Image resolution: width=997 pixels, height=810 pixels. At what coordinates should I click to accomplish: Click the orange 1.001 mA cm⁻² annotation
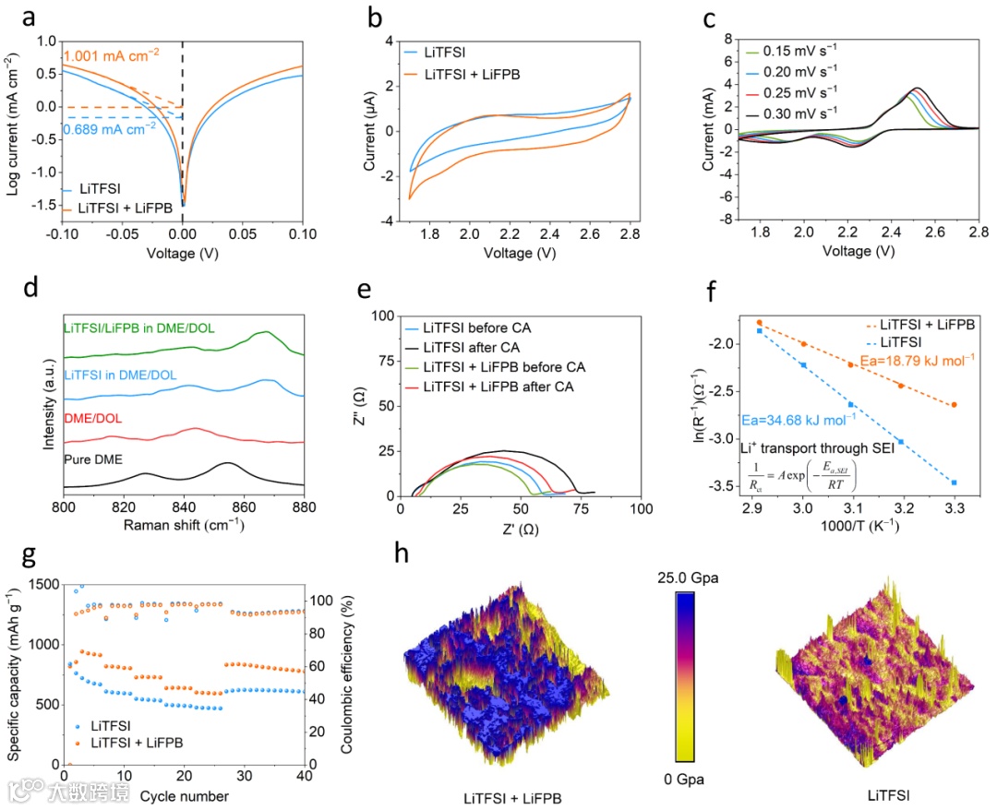111,54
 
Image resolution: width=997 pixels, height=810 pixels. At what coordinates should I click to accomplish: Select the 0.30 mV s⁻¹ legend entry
799,112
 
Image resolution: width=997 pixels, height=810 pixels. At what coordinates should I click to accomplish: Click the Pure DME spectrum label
93,458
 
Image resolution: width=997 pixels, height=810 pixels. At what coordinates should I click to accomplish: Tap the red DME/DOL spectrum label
92,418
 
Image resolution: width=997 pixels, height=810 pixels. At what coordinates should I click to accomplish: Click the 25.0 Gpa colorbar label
685,578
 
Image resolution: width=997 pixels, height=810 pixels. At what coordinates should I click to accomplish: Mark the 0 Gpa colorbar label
684,780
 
